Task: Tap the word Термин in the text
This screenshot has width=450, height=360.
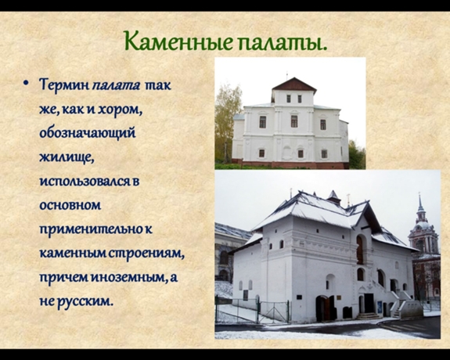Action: coord(64,85)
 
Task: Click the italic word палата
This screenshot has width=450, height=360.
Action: coord(117,86)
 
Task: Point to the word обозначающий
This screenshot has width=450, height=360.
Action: coord(88,134)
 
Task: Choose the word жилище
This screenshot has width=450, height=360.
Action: coord(67,157)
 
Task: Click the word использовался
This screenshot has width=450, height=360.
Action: coord(85,182)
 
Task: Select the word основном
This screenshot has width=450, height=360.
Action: coord(70,205)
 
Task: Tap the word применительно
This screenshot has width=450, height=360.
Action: coord(91,229)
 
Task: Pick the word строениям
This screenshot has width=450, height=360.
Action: coord(146,254)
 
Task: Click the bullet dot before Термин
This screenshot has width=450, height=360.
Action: coord(26,84)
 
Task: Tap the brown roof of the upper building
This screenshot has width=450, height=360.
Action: coord(294,84)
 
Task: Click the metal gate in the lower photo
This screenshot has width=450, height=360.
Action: coord(274,311)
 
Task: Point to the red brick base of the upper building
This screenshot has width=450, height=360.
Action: coord(290,164)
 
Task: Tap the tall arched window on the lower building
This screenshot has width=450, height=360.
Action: coord(360,249)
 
